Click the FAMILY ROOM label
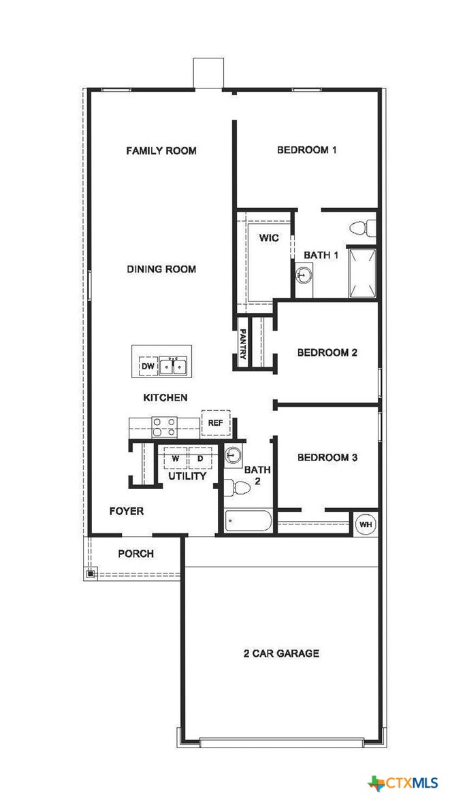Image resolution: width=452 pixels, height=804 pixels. pyautogui.click(x=161, y=150)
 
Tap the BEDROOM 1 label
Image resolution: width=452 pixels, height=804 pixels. pyautogui.click(x=306, y=150)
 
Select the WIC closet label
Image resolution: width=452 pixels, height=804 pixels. pyautogui.click(x=269, y=238)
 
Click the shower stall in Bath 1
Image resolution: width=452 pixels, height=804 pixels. pyautogui.click(x=362, y=273)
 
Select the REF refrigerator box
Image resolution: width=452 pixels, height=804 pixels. pyautogui.click(x=216, y=422)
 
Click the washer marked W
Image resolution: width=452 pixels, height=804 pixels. pyautogui.click(x=175, y=458)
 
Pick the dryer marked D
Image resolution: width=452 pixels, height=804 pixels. pyautogui.click(x=201, y=458)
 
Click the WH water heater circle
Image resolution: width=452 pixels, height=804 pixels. pyautogui.click(x=366, y=524)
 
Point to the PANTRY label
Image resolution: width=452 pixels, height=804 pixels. pyautogui.click(x=243, y=344)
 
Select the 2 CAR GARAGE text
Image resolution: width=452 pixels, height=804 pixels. pyautogui.click(x=281, y=654)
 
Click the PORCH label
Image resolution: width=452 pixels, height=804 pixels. pyautogui.click(x=136, y=554)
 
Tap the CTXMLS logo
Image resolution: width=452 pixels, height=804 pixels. pyautogui.click(x=404, y=783)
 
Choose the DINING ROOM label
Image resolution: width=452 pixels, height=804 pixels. pyautogui.click(x=161, y=269)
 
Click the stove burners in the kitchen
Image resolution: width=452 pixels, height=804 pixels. pyautogui.click(x=164, y=426)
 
